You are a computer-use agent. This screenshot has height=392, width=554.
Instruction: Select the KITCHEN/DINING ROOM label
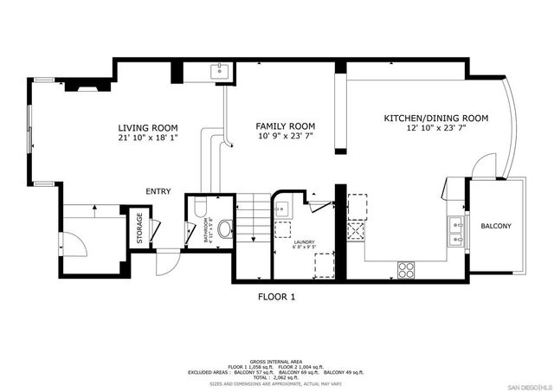[436, 118]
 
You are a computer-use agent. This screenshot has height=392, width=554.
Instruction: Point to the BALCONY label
[496, 226]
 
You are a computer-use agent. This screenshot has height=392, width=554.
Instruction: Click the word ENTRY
[158, 192]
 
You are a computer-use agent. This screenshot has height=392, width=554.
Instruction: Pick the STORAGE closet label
[138, 228]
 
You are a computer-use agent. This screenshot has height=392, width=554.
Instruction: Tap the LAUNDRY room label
[303, 243]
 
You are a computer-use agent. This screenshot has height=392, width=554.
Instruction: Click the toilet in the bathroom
[224, 229]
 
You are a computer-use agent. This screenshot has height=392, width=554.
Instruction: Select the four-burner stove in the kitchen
[405, 269]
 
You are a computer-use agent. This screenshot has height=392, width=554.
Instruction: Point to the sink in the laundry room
[283, 208]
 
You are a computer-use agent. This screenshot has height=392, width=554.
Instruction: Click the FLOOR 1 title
[277, 297]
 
